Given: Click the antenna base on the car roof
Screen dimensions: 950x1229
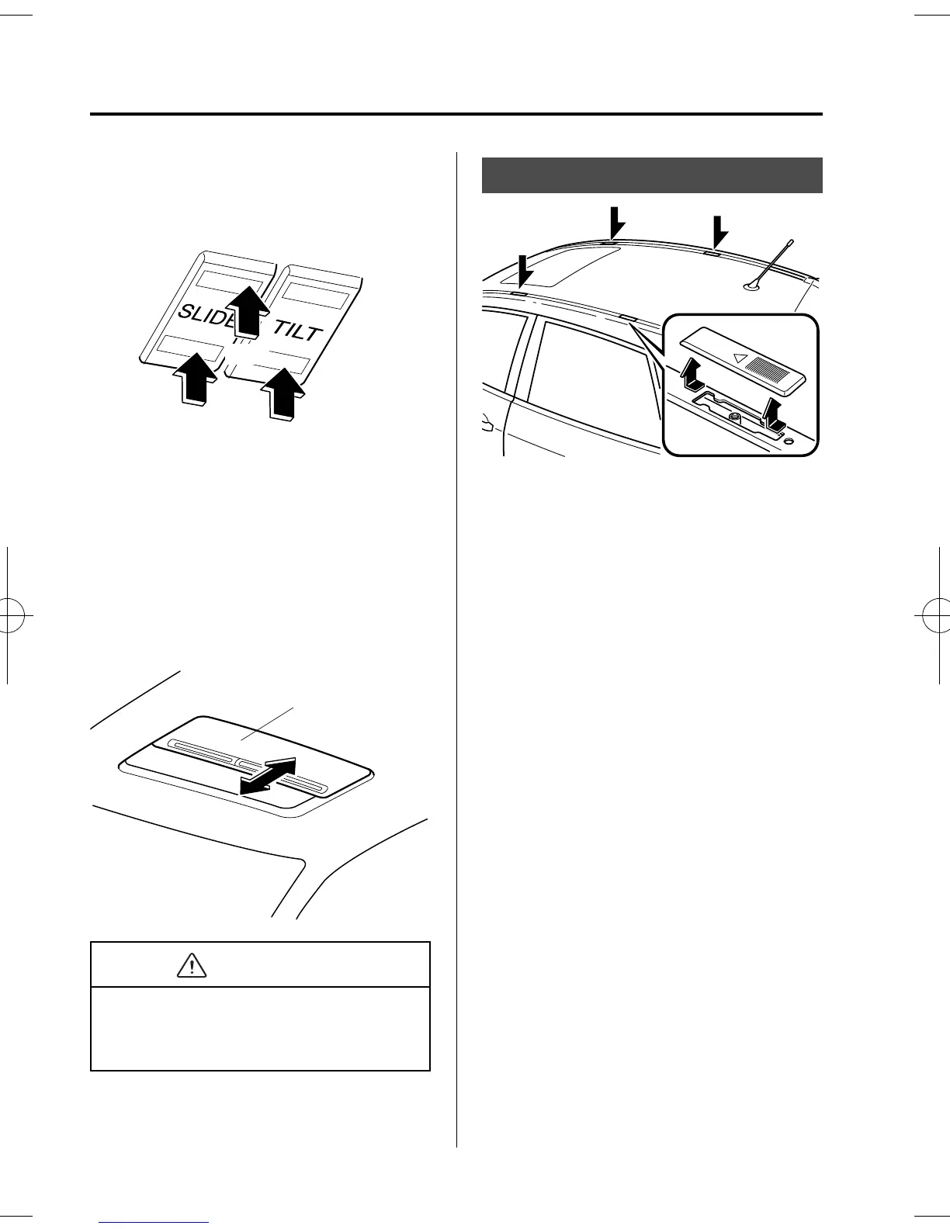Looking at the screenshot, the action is (751, 289).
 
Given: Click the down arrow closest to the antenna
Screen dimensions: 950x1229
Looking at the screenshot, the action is (719, 233).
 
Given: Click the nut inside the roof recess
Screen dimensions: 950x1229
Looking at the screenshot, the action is (733, 418).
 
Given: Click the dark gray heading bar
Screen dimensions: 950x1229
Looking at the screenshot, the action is (652, 175).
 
